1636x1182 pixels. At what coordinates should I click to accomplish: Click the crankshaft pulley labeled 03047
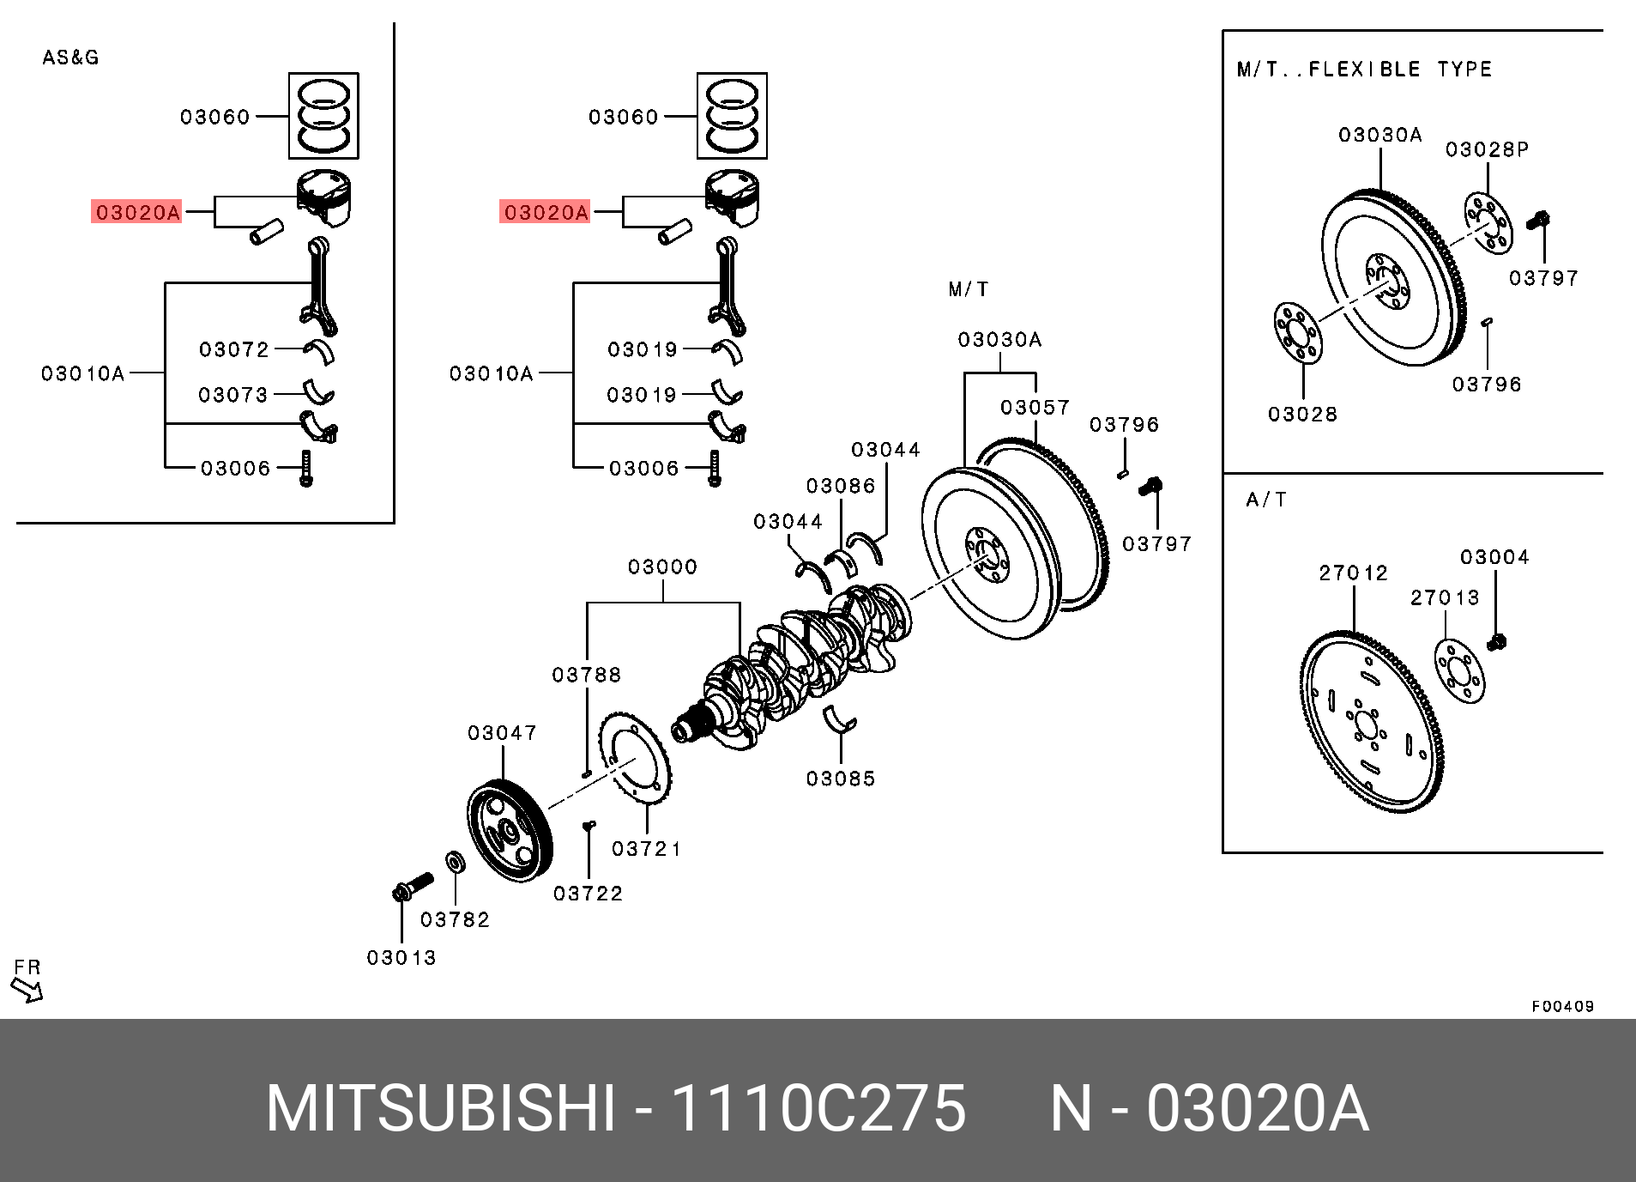pyautogui.click(x=510, y=828)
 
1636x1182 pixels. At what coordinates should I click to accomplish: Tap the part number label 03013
pyautogui.click(x=401, y=957)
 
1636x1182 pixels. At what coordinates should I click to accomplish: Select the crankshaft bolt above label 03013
pyautogui.click(x=412, y=886)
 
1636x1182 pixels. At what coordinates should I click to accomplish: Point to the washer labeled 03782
pyautogui.click(x=456, y=861)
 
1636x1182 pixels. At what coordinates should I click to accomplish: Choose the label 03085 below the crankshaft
pyautogui.click(x=841, y=779)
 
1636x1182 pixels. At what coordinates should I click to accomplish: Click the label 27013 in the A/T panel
pyautogui.click(x=1446, y=597)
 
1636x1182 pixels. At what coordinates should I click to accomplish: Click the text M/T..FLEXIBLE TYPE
pyautogui.click(x=1364, y=70)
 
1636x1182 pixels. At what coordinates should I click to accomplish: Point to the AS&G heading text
pyautogui.click(x=70, y=58)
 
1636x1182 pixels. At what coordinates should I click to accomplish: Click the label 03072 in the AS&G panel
pyautogui.click(x=234, y=349)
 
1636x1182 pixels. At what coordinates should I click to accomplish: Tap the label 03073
pyautogui.click(x=233, y=395)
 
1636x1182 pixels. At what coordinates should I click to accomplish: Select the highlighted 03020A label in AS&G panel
pyautogui.click(x=137, y=212)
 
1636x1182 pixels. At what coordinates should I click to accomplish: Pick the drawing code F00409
pyautogui.click(x=1562, y=1006)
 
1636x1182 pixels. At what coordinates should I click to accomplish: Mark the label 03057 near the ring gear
pyautogui.click(x=1035, y=407)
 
